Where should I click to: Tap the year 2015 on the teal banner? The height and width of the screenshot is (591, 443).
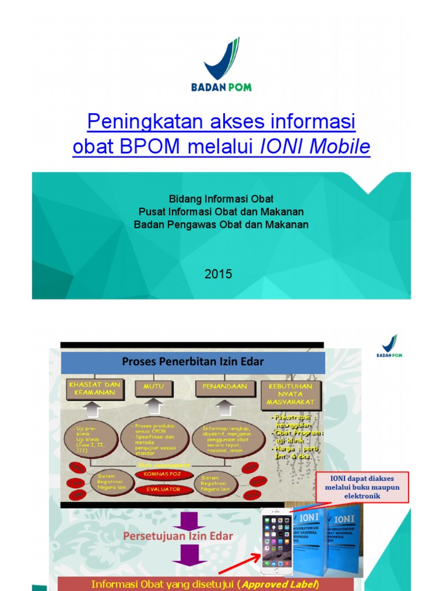[218, 274]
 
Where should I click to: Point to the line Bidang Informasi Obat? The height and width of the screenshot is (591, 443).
[221, 199]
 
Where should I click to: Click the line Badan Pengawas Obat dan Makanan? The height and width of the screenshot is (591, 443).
[221, 225]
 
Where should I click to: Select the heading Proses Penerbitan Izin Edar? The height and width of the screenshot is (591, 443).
[193, 362]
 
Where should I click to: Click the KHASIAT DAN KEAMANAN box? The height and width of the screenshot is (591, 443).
[94, 388]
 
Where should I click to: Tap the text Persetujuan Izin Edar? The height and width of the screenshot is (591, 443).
[178, 536]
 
